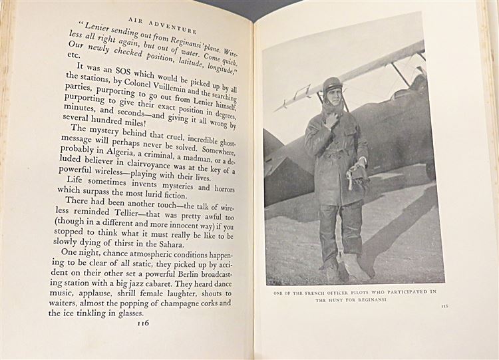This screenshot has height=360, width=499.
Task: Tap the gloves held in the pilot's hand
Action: point(360,174)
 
